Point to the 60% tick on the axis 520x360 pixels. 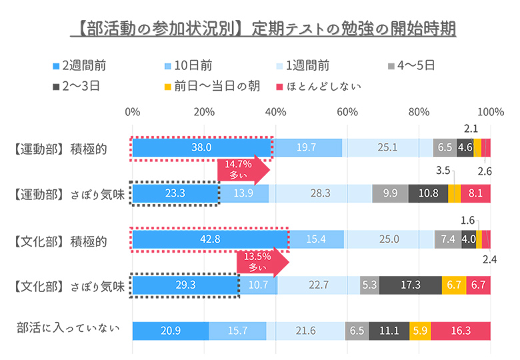347,111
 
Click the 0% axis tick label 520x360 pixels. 132,111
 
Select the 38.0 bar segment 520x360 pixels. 201,148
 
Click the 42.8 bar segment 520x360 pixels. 209,239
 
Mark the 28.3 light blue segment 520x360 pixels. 321,194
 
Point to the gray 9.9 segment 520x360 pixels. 390,194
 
